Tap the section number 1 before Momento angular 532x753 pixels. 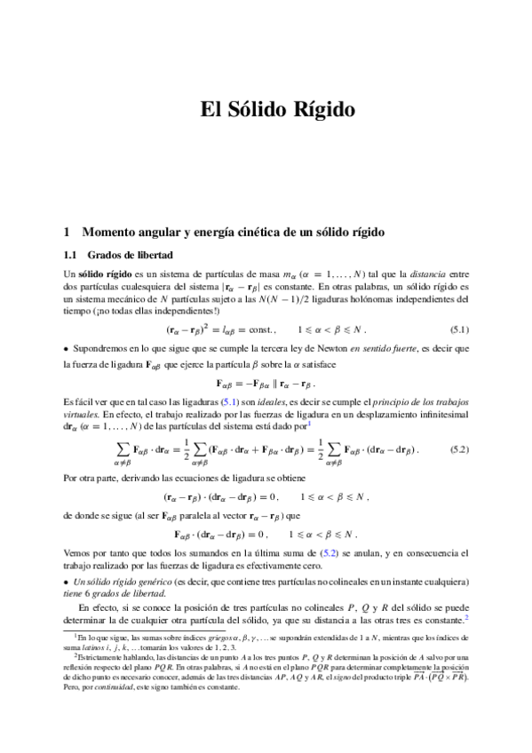(x=67, y=233)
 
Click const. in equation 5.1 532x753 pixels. (x=263, y=329)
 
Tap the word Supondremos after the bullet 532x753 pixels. (x=105, y=348)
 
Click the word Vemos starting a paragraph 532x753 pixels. (x=78, y=553)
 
